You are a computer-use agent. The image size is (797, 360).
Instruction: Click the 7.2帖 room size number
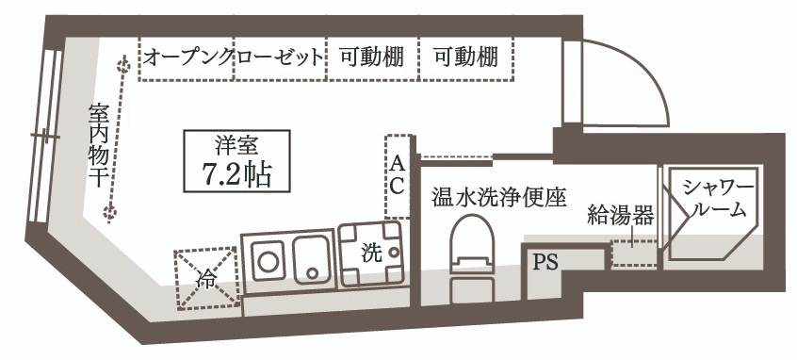(x=236, y=174)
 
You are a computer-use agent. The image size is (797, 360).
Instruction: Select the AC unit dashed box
(x=398, y=176)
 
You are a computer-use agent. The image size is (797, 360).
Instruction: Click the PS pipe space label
(x=545, y=262)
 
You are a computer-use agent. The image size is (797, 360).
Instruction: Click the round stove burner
(x=267, y=261)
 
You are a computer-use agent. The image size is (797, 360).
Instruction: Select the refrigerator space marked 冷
(x=206, y=278)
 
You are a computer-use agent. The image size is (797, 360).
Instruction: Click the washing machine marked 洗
(x=372, y=254)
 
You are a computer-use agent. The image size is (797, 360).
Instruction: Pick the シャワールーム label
(x=717, y=197)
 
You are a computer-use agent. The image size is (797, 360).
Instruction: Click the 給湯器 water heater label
(x=620, y=216)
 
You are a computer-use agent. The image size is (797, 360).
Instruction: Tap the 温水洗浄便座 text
(x=498, y=197)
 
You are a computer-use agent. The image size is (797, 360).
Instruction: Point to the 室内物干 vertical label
(x=97, y=144)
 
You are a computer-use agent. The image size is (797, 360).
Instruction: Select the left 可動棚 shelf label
(x=371, y=57)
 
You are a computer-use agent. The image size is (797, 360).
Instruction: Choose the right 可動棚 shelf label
(x=465, y=57)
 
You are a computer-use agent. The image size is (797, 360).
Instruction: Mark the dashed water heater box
(x=633, y=254)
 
